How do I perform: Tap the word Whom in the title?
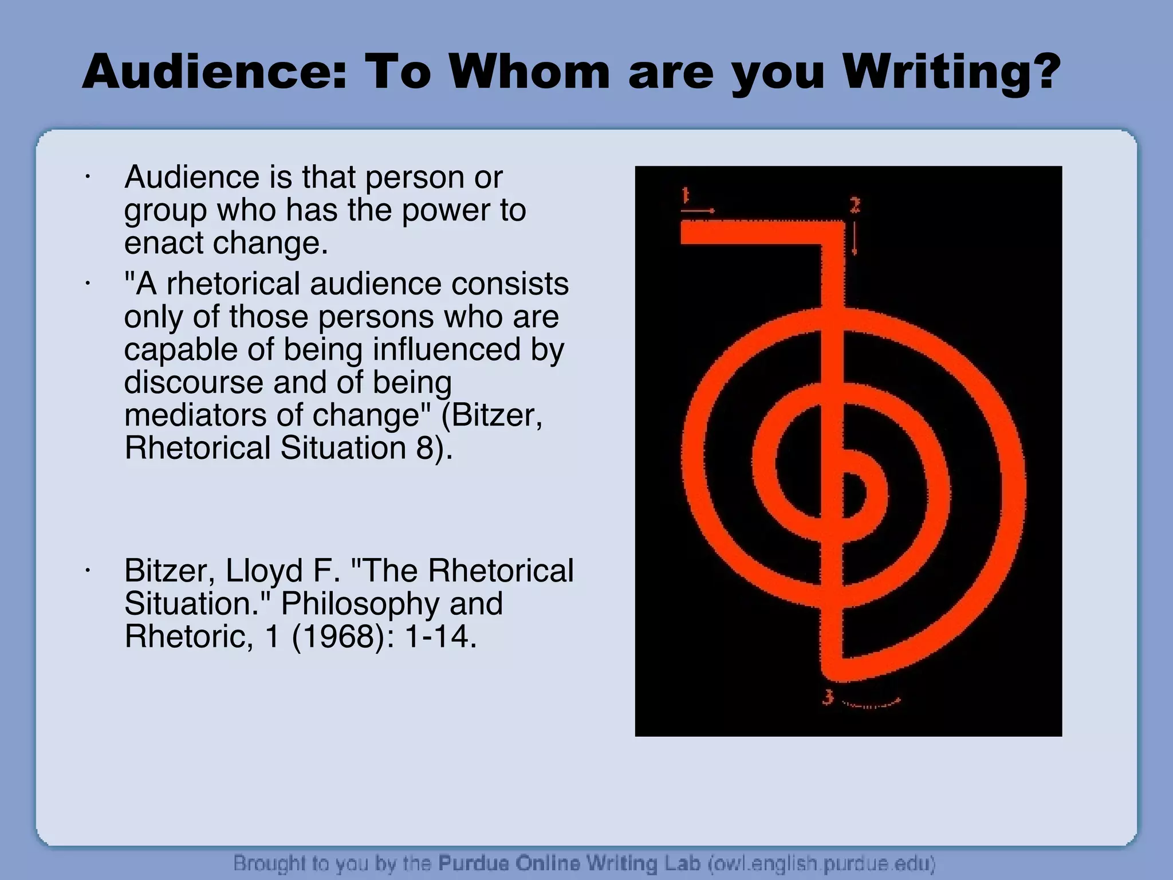530,73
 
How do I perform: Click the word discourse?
194,382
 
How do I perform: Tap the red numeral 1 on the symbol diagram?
685,196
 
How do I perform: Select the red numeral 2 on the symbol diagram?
855,205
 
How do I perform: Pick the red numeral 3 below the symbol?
828,697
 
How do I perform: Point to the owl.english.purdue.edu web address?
822,863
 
